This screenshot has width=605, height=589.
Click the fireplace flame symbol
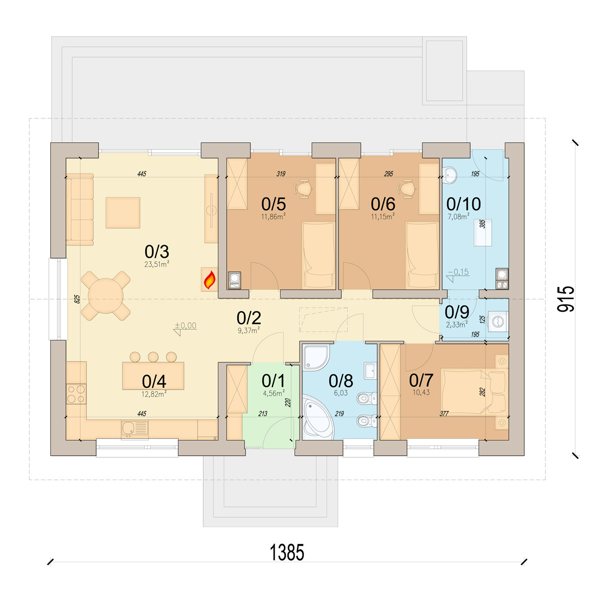(210, 279)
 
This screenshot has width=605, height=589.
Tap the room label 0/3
(157, 252)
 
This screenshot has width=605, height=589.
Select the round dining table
(106, 296)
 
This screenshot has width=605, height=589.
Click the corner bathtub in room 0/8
(318, 417)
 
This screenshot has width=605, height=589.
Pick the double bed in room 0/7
(474, 391)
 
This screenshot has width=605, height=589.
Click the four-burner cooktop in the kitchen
(77, 394)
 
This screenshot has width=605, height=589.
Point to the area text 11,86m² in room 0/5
(274, 216)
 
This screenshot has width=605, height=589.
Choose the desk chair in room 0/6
(407, 189)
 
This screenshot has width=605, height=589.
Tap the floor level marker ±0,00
(186, 326)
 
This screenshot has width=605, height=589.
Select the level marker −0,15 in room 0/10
(458, 272)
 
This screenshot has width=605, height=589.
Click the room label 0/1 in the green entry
(273, 381)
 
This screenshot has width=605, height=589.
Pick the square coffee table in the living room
(123, 213)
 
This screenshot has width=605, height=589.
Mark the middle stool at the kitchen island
(153, 357)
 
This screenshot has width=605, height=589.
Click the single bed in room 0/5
(318, 255)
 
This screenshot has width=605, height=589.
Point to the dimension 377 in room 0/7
(444, 414)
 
